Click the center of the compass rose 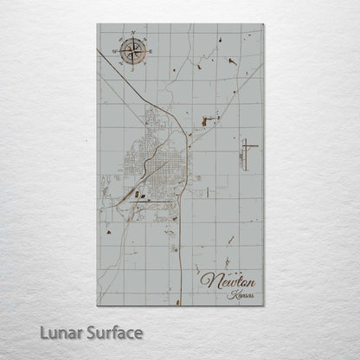coord(134,51)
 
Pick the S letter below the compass coord(134,67)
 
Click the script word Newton coord(228,281)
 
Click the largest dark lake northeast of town coord(206,122)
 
